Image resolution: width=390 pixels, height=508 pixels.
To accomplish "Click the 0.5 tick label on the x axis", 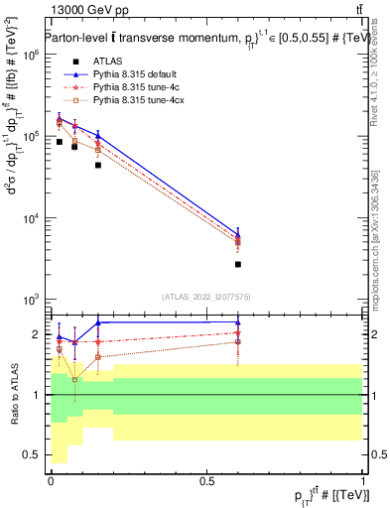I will (206, 480).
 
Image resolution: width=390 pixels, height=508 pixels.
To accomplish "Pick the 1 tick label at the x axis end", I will (363, 480).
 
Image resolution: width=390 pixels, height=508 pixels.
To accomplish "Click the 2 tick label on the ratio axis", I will (37, 334).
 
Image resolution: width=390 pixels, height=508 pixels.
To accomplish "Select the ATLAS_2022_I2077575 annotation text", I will (206, 296).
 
